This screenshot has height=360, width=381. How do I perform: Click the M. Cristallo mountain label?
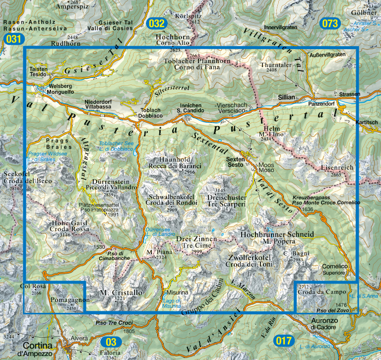[117, 292]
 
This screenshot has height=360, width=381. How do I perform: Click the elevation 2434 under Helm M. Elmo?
[267, 140]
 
